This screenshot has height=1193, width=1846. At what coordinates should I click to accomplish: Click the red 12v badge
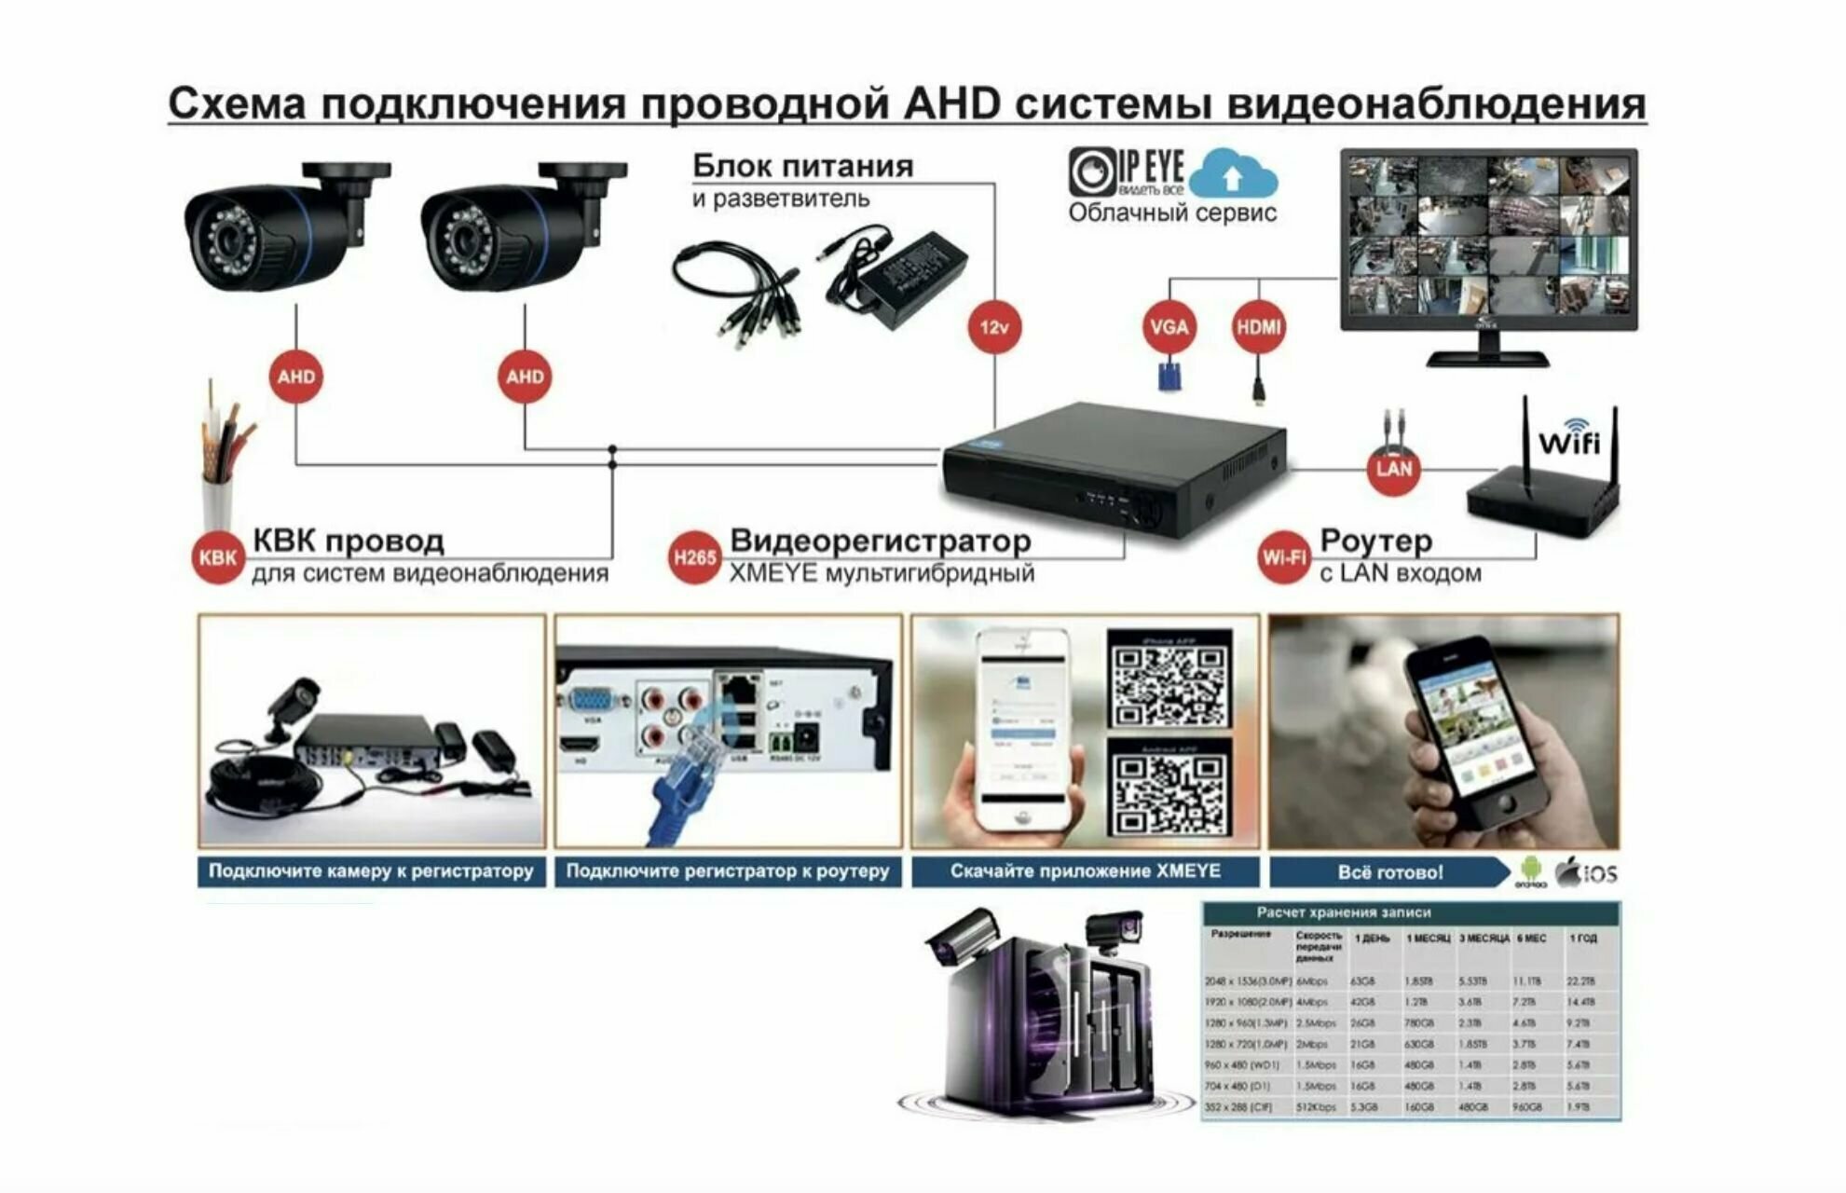point(994,327)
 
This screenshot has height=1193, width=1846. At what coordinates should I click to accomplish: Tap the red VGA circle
point(1169,327)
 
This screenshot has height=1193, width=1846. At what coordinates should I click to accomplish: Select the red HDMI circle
point(1258,327)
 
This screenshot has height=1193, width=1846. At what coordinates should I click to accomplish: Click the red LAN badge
point(1394,468)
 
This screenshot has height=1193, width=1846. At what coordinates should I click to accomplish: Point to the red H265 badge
point(694,557)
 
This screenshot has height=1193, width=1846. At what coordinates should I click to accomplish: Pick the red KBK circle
point(218,557)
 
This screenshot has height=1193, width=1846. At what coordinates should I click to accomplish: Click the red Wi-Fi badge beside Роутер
point(1284,557)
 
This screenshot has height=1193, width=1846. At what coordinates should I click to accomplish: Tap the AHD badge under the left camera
point(296,377)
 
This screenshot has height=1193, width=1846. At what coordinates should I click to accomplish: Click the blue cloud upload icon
point(1233,175)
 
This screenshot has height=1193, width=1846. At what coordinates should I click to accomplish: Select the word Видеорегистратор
point(880,541)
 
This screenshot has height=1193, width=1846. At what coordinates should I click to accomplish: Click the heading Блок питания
point(802,166)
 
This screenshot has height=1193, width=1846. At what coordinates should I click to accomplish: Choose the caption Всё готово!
point(1389,872)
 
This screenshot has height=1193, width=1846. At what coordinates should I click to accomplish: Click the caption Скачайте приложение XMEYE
point(1085,871)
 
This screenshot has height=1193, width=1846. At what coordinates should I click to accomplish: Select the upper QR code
point(1169,678)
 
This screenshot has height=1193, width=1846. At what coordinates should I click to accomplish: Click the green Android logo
point(1530,871)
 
